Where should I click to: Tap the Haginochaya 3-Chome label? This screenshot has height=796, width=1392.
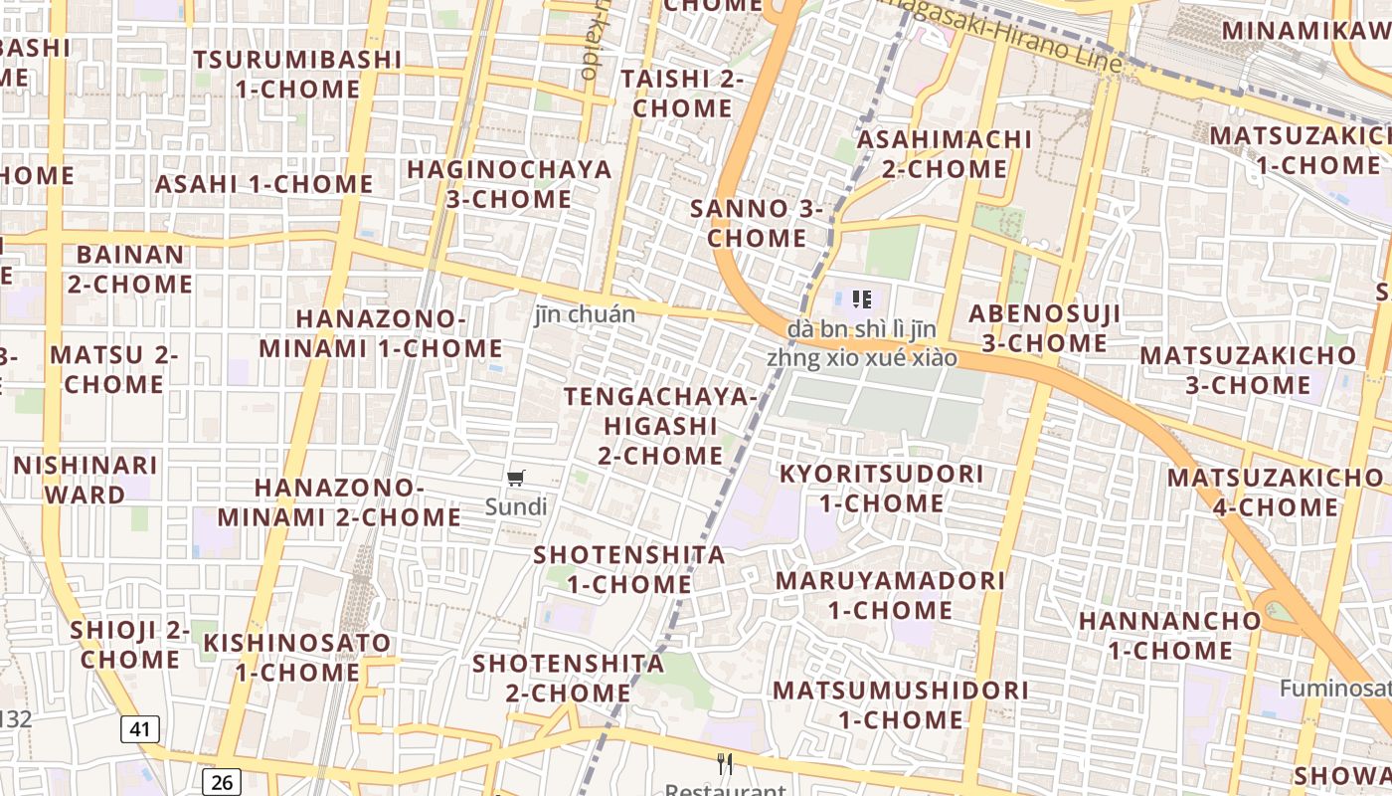(509, 184)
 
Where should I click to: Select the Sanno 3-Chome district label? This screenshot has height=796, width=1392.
(757, 223)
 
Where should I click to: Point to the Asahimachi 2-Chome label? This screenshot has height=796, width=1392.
(945, 154)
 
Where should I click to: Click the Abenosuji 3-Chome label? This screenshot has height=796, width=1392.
(1045, 328)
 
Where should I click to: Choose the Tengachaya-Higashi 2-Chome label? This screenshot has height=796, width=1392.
(660, 426)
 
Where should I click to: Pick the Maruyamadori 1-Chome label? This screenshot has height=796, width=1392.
(890, 594)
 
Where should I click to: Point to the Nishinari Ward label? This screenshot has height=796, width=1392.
(86, 480)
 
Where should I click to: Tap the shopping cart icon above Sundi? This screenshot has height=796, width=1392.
(515, 479)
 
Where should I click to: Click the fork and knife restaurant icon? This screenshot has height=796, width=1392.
(726, 764)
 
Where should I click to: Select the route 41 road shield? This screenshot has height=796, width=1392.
(140, 729)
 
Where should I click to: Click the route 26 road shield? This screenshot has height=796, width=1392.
(222, 782)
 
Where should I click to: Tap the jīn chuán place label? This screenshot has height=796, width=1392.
(585, 314)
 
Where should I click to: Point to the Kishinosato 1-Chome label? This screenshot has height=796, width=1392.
(297, 658)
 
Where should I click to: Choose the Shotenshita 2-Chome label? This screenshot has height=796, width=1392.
(569, 678)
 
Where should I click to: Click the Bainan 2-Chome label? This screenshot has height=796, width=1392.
(130, 270)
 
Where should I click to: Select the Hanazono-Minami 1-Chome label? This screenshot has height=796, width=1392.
(381, 333)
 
